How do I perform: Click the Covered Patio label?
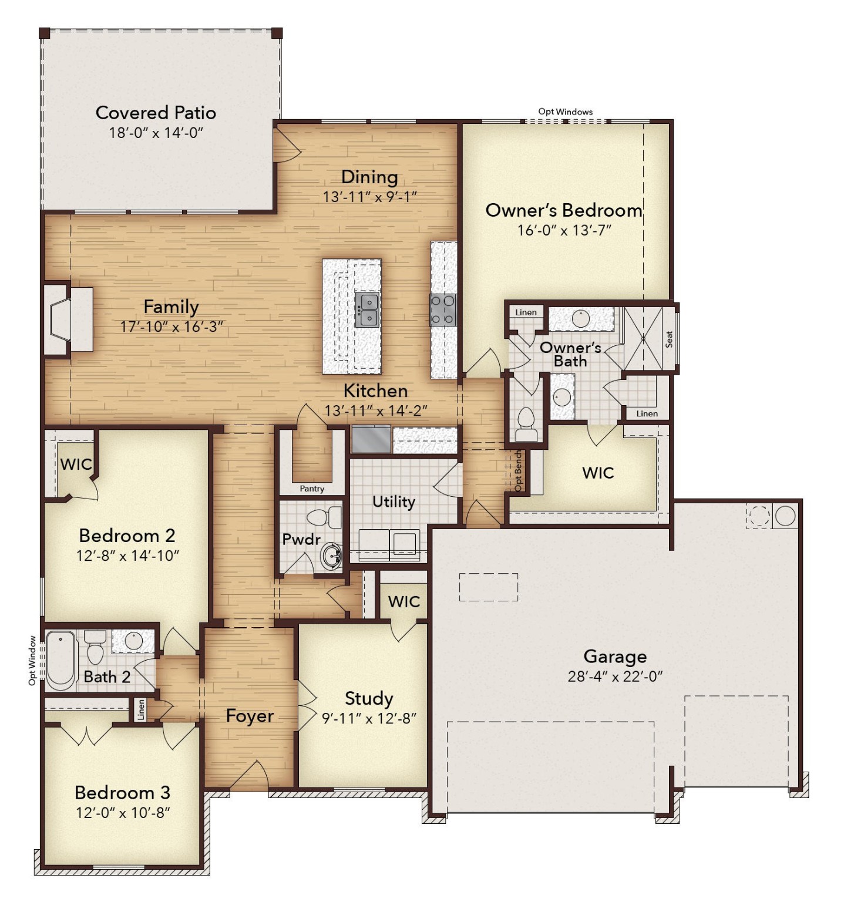coord(156,113)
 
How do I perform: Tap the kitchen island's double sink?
coord(367,310)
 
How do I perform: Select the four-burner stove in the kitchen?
coord(443,309)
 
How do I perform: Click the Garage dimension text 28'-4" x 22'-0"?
coord(614,676)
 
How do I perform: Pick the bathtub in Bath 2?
coord(61,659)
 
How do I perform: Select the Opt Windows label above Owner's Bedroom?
coord(565,112)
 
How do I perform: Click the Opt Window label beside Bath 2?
coord(33,660)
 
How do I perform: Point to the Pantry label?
coord(311,489)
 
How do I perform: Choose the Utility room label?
coord(394,502)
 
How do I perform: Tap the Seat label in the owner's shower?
coord(669,339)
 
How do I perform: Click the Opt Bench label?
coord(518,471)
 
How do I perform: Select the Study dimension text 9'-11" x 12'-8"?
coord(369,718)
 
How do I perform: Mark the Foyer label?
coord(250,716)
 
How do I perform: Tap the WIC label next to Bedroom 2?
coord(76,465)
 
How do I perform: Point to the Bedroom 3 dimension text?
coord(123,813)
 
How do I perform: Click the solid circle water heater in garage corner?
coord(785,516)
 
